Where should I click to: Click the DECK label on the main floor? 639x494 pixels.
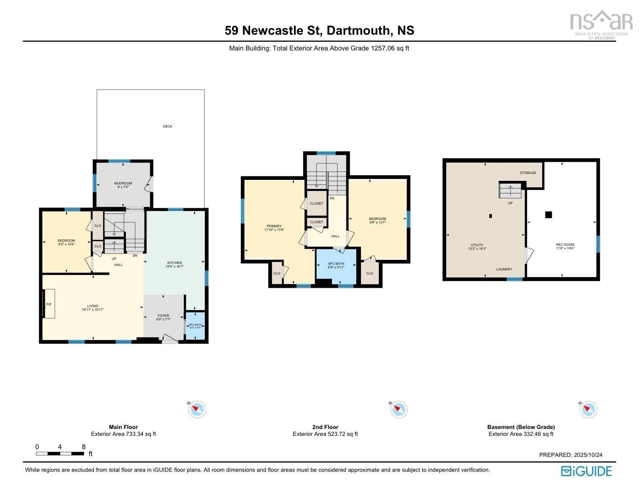(x=167, y=126)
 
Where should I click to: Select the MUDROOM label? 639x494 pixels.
(x=123, y=185)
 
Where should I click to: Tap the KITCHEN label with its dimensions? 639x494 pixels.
(x=174, y=265)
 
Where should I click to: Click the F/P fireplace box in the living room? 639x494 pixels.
(x=49, y=304)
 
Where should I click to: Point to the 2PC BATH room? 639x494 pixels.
(x=195, y=326)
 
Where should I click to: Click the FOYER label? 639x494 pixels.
(x=163, y=317)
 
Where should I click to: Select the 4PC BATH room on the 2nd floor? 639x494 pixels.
(x=336, y=265)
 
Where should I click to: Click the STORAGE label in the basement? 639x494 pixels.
(x=528, y=173)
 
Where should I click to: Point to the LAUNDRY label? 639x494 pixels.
(x=504, y=269)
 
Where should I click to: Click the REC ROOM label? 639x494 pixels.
(x=565, y=247)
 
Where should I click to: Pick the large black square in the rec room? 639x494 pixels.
(x=548, y=215)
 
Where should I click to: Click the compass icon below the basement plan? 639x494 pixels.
(x=589, y=410)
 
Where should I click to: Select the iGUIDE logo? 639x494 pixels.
(x=586, y=471)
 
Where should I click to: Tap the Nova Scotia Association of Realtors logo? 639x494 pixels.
(x=600, y=24)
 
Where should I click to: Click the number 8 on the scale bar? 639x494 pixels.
(x=84, y=447)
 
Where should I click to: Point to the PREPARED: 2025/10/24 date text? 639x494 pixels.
(x=570, y=455)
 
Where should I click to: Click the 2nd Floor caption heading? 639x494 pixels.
(x=325, y=427)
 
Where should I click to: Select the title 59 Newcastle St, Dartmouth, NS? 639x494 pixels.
(x=319, y=31)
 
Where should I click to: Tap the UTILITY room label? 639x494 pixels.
(x=477, y=247)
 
